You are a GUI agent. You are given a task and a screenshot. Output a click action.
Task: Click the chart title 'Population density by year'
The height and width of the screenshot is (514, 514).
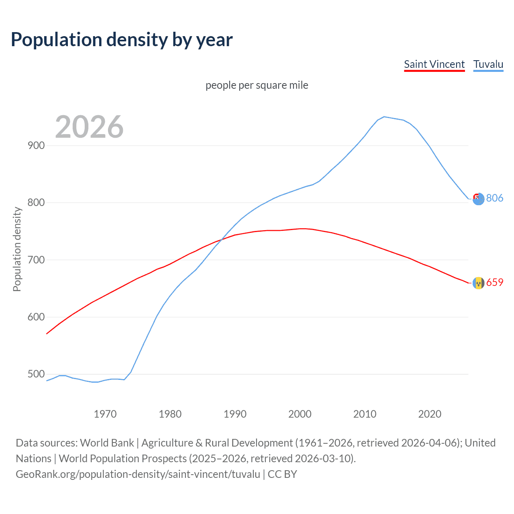(122, 40)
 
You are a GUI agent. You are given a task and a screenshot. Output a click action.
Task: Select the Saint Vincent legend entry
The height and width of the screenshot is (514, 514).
(434, 64)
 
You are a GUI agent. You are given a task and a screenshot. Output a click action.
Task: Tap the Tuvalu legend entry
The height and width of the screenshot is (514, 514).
(488, 64)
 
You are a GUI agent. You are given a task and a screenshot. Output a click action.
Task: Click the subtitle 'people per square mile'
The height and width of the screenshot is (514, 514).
(257, 85)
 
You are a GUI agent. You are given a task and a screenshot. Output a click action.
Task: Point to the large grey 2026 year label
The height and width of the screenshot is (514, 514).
(89, 127)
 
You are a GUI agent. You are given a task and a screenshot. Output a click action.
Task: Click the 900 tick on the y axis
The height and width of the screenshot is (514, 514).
(36, 145)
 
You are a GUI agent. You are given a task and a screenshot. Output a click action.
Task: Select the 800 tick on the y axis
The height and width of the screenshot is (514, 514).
(36, 203)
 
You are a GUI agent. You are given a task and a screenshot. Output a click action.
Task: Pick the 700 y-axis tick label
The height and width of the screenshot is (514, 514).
(36, 260)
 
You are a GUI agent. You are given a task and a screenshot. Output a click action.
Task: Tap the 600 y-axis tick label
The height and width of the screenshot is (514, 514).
(36, 317)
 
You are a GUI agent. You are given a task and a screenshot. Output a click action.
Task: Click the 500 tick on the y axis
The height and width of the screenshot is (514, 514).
(36, 374)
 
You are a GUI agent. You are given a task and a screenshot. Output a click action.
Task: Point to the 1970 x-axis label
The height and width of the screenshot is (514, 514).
(105, 414)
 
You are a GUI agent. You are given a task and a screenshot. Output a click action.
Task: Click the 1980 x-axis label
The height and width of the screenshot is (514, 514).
(170, 414)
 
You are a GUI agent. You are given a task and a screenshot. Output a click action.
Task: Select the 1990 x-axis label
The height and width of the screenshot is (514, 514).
(235, 414)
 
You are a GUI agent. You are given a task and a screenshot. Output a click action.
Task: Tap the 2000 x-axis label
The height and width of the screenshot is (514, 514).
(300, 414)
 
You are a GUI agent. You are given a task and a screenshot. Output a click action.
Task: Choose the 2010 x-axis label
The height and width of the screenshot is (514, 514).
(365, 414)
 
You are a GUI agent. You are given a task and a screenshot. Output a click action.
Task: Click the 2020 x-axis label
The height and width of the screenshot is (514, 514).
(430, 414)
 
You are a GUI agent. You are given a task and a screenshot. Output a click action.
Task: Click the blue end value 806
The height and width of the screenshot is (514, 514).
(495, 198)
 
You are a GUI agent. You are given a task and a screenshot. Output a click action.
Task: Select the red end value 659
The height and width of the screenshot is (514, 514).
(495, 283)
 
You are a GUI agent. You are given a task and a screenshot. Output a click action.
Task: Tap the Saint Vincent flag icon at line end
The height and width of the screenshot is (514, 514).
(478, 283)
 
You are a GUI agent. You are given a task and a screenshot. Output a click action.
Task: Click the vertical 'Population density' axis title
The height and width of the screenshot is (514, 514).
(17, 249)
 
